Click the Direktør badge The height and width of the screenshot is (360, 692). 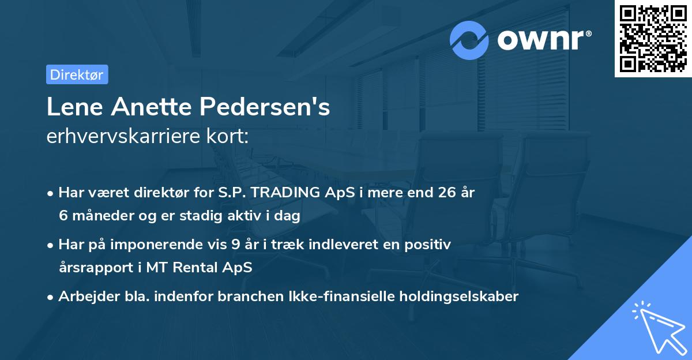[x=77, y=74]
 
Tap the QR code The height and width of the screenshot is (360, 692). [x=653, y=39]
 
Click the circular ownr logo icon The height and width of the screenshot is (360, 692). [x=470, y=40]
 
